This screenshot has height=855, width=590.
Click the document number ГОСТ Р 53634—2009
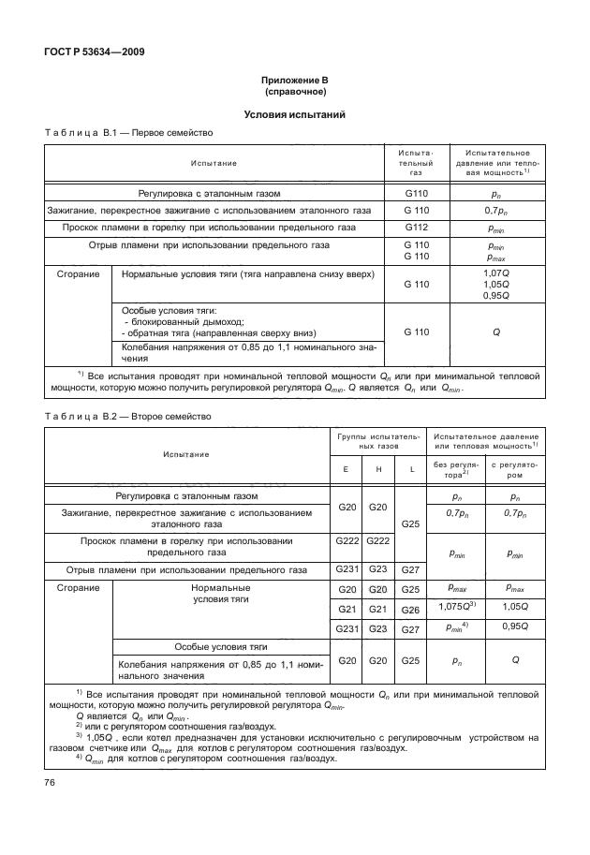point(92,52)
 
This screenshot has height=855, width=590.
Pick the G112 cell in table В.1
point(416,227)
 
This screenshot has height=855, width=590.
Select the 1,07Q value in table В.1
point(495,273)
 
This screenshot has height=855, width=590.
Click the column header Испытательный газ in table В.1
point(416,162)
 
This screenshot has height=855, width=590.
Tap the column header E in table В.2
point(346,468)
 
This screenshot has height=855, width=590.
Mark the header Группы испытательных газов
point(378,441)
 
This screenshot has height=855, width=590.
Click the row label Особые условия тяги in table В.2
point(222,647)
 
